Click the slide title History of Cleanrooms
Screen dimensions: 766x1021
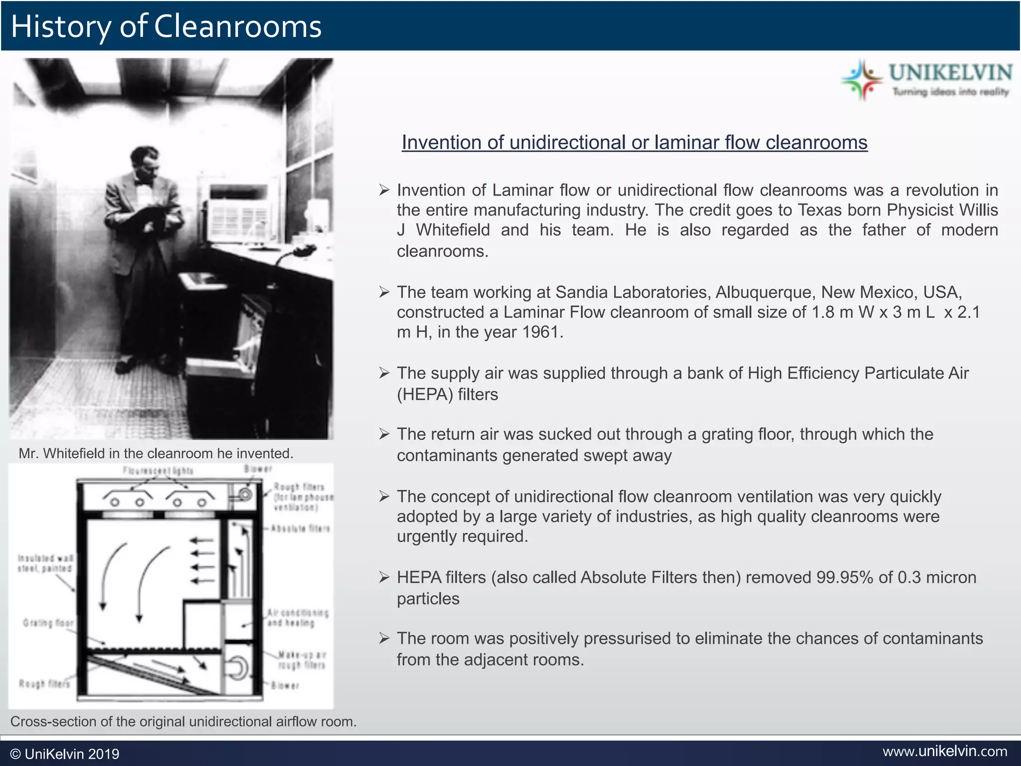pos(166,26)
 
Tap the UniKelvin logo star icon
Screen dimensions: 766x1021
pos(861,80)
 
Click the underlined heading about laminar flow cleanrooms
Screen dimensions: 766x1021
pos(634,143)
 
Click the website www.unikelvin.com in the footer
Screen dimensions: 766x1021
pos(945,751)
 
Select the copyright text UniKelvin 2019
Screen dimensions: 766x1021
pos(65,754)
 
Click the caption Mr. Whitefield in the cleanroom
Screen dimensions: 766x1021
pos(156,453)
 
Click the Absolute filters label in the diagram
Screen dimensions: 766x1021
pos(300,529)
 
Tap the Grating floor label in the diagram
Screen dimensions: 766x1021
pos(48,623)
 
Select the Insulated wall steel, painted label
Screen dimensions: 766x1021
pos(45,564)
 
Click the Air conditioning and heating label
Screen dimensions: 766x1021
pos(298,617)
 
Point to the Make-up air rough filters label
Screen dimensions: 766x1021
pos(302,660)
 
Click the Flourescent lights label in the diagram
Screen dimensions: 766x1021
pos(158,470)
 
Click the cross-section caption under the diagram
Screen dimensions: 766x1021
pos(183,722)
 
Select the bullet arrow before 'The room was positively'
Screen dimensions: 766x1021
pos(383,638)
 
